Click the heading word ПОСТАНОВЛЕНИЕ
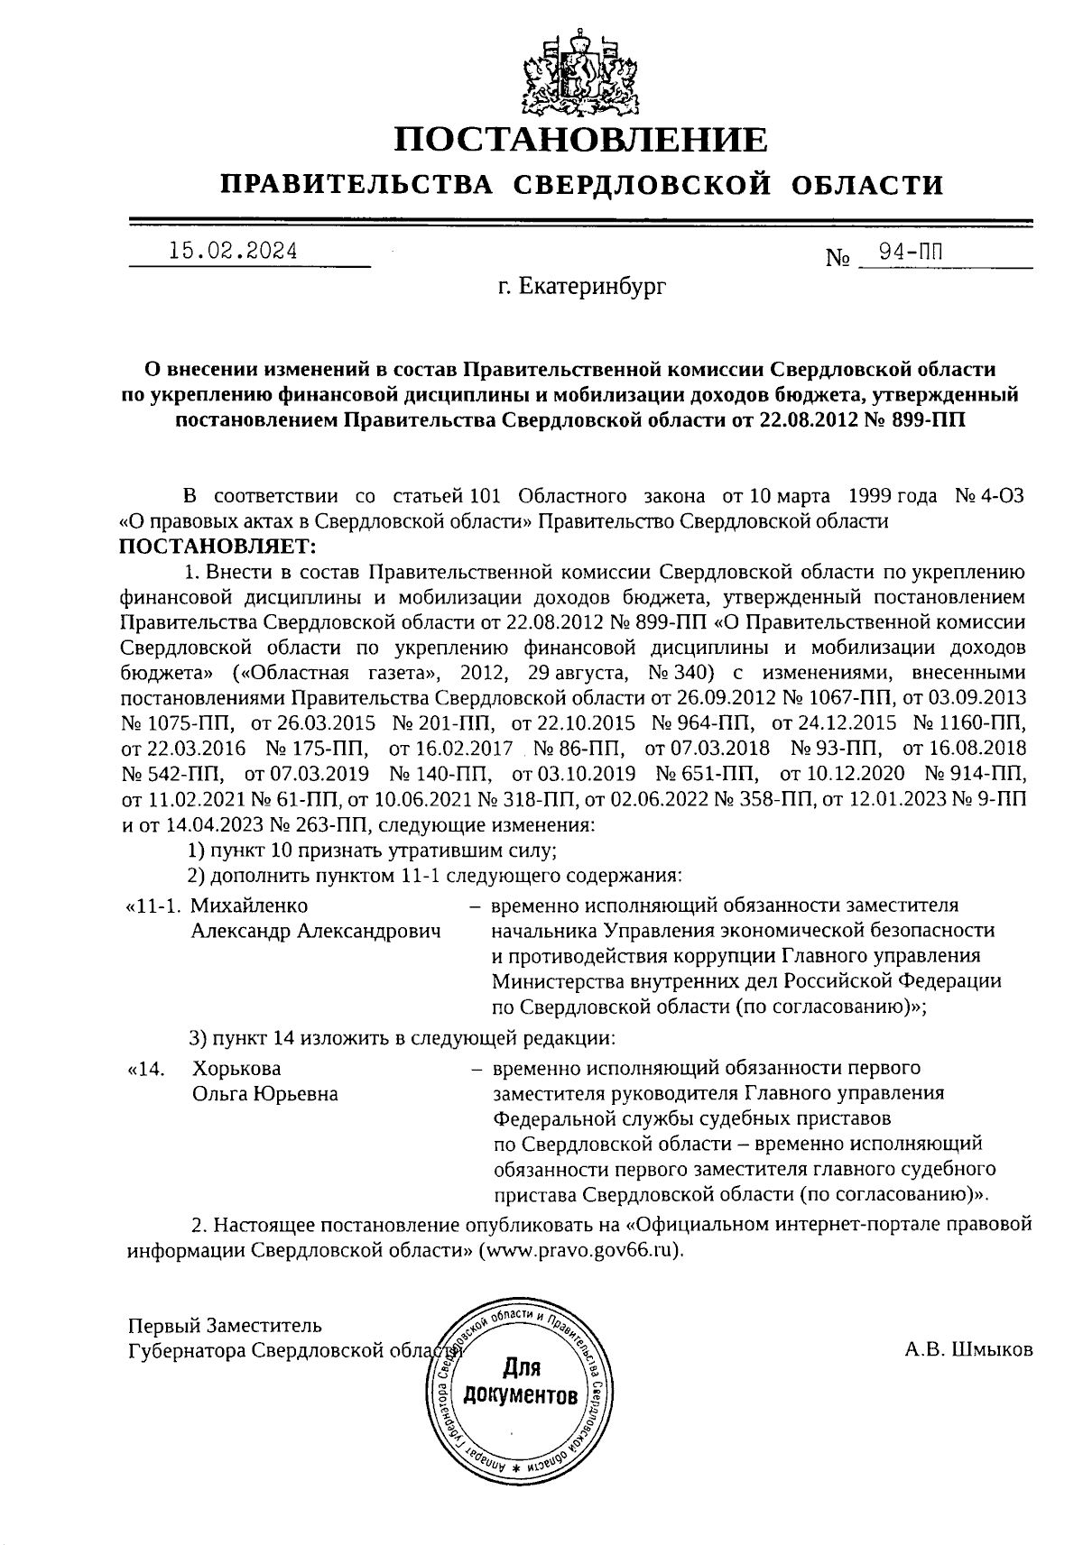coord(581,141)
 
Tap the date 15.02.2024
coord(233,252)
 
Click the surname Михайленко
coord(249,905)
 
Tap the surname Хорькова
coord(236,1068)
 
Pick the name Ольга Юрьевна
coord(264,1094)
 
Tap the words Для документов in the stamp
coord(520,1383)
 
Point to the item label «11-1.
coord(153,905)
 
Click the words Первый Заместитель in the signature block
coord(224,1326)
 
